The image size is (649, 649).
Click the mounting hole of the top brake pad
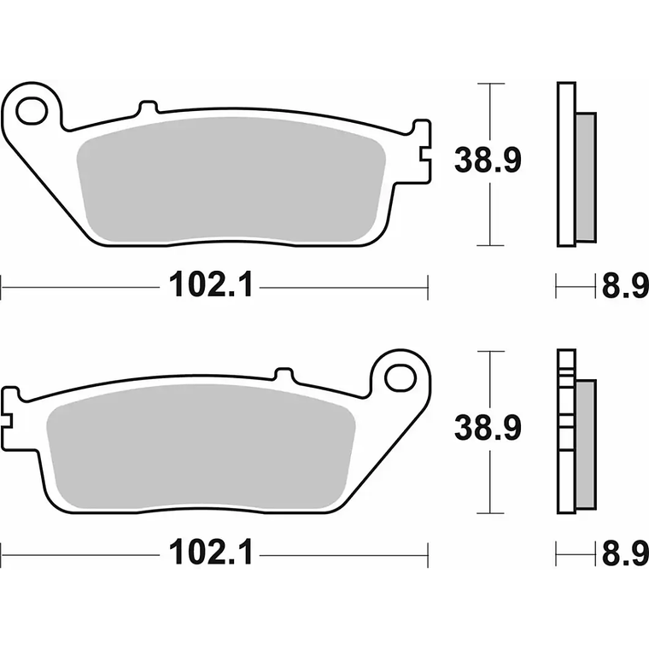32,109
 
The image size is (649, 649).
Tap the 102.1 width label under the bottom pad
210,554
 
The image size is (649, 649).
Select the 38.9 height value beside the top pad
488,161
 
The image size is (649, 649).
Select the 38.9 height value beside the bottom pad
488,428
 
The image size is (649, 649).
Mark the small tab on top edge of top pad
148,108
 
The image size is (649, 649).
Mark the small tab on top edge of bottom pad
283,374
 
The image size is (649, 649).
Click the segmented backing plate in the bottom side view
565,431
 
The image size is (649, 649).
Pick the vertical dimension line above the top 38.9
489,111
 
